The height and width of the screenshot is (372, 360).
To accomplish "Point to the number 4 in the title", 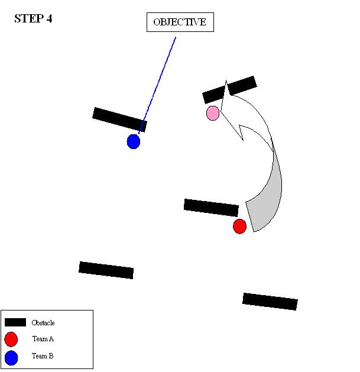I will pos(49,19).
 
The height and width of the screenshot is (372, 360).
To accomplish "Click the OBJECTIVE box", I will pos(180,22).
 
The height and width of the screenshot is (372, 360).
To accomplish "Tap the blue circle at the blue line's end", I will pos(134,141).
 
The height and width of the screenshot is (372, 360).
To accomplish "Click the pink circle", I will pos(213,113).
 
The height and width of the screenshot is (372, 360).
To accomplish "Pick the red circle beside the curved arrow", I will pos(239,226).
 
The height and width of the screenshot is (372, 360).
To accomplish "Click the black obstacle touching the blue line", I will pos(119,119).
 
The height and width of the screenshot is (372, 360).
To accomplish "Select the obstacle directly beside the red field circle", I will pos(211,208).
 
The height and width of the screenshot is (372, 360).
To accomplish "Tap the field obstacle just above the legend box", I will pos(106,270).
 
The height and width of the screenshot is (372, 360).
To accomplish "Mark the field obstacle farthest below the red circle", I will pos(270,301).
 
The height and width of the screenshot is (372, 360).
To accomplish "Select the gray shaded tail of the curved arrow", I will pos(265,195).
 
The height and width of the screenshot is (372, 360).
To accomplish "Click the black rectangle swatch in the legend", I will pos(15,322).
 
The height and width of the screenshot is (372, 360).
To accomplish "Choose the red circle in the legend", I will pos(11,339).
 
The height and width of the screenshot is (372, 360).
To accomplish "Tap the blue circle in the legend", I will pos(11,357).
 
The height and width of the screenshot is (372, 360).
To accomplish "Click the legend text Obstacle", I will pos(43,323).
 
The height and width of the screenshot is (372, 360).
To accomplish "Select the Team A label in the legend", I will pos(43,339).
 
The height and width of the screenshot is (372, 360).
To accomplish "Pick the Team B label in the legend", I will pos(43,357).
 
